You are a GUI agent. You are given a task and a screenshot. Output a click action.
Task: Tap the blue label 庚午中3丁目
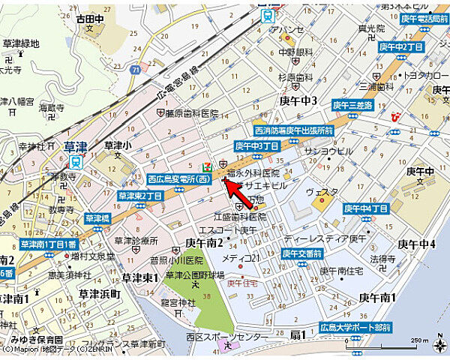[x=257, y=145]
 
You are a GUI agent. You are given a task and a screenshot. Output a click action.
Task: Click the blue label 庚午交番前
[x=301, y=253]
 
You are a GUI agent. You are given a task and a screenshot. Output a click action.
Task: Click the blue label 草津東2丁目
[x=140, y=196]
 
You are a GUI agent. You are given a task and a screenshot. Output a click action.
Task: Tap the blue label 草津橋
[x=97, y=218]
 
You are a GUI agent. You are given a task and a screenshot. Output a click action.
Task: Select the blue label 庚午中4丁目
[x=366, y=208]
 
